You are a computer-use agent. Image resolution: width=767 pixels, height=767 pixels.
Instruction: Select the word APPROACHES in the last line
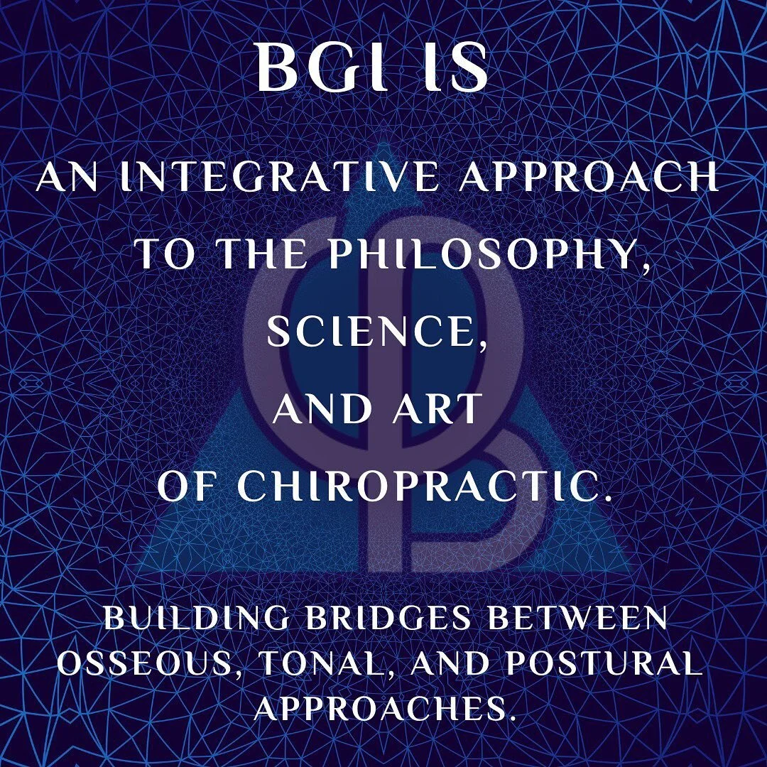click(383, 707)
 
